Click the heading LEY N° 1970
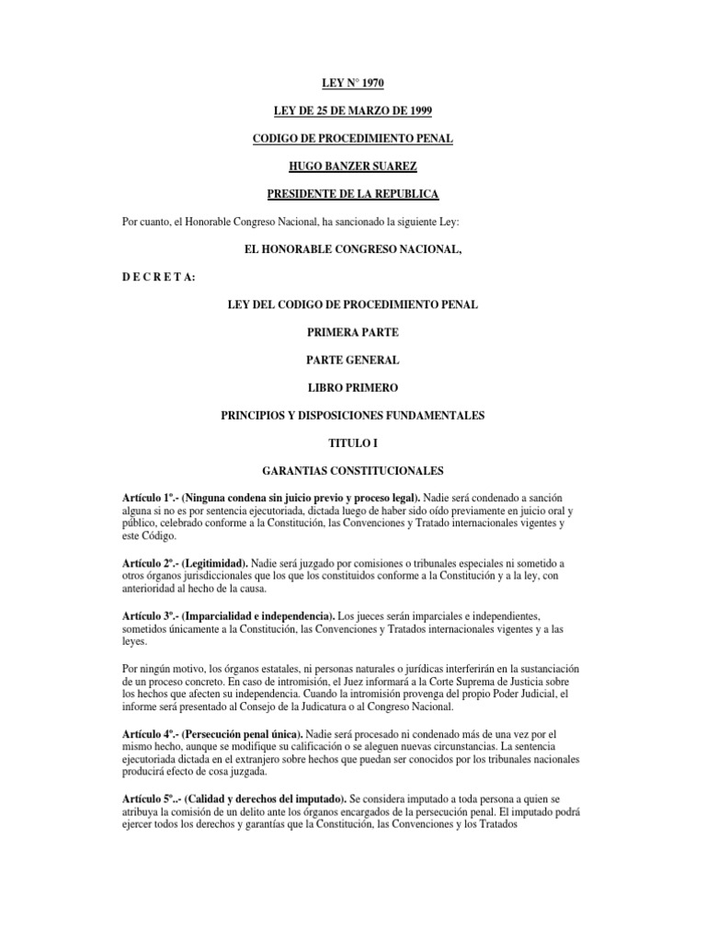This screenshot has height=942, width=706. (352, 83)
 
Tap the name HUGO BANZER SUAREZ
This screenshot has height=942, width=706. (352, 167)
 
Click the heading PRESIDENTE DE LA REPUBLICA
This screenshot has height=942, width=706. (352, 194)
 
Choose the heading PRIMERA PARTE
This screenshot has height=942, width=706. (352, 332)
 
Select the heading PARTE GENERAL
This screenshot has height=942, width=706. (352, 360)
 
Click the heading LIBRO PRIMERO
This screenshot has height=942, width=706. (352, 387)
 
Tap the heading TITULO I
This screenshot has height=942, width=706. (352, 442)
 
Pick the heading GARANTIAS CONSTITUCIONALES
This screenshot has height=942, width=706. (352, 470)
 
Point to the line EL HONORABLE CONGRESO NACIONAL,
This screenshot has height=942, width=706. (352, 249)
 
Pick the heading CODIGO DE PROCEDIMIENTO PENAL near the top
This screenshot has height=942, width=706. (352, 139)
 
